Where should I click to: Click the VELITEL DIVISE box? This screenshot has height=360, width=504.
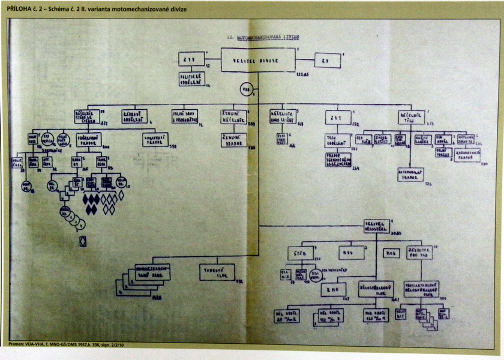(x=258, y=60)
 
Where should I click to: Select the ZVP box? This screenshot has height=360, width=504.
(x=191, y=60)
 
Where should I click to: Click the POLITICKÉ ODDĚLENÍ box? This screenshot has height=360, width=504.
(x=192, y=79)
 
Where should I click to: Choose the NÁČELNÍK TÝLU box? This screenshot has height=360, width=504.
(x=411, y=118)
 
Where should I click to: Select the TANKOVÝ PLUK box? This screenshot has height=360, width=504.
(x=217, y=273)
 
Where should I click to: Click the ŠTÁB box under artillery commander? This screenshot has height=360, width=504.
(x=300, y=254)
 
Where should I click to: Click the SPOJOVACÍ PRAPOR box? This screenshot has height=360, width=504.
(x=154, y=140)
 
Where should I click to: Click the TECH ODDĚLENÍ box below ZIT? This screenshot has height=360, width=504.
(x=336, y=140)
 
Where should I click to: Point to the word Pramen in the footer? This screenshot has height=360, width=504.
(x=18, y=345)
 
